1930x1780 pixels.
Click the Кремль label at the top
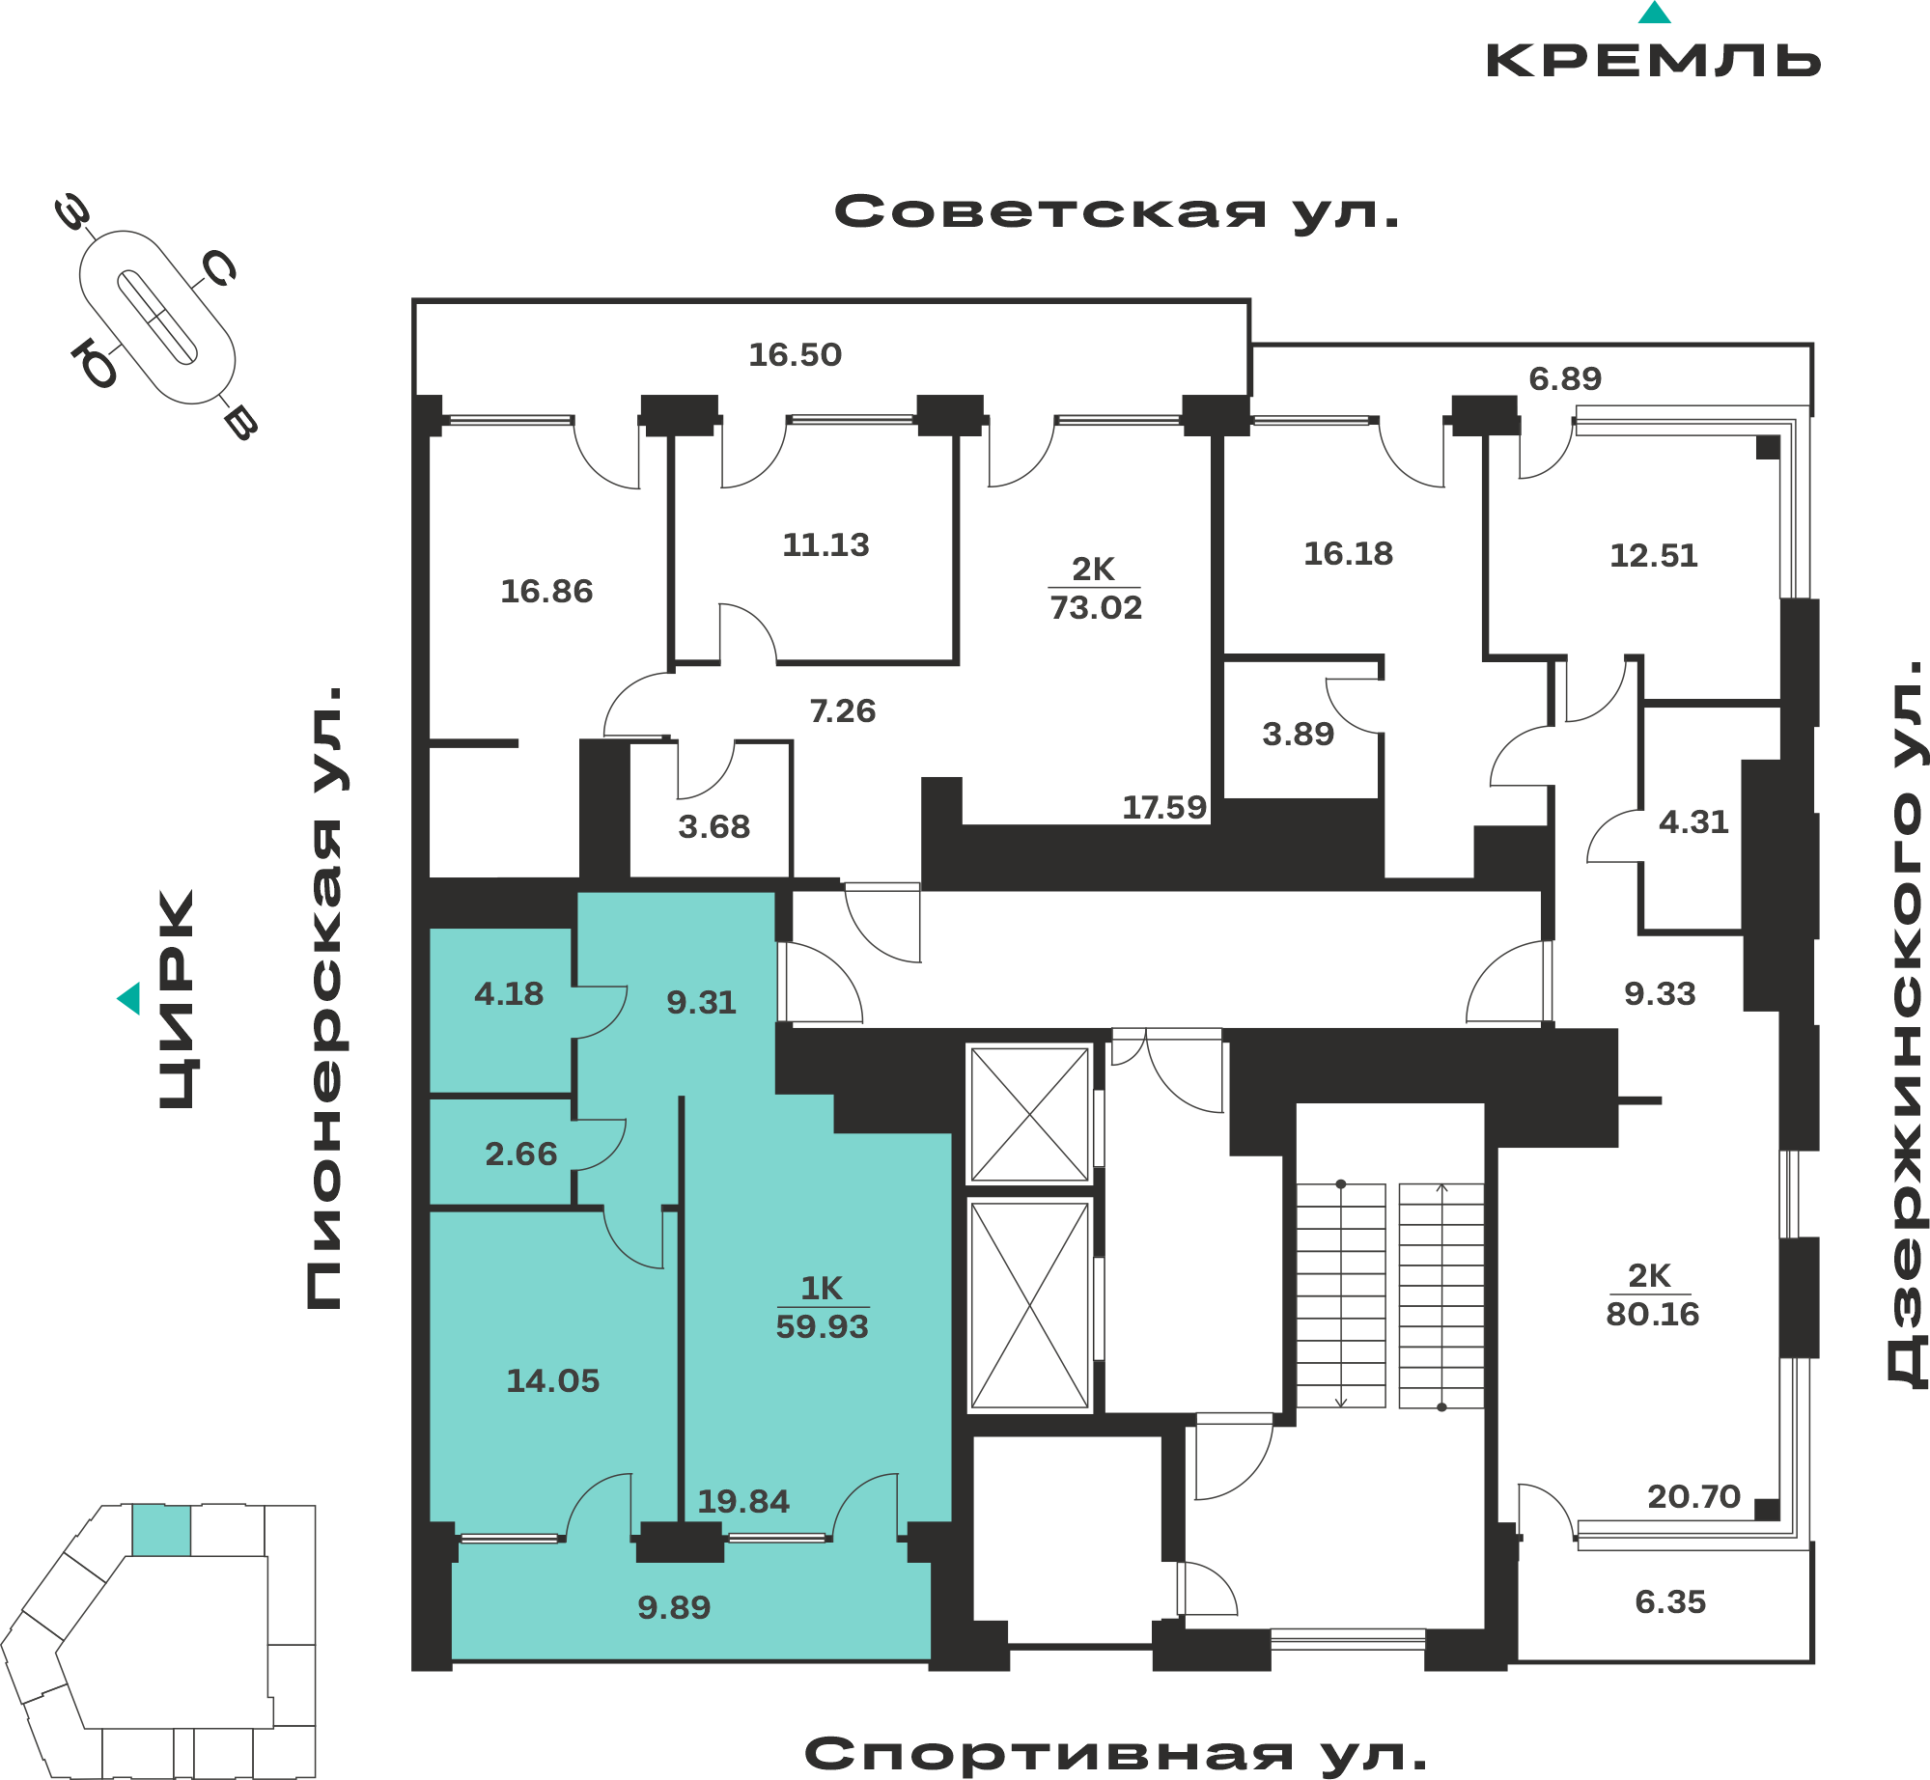click(x=1653, y=61)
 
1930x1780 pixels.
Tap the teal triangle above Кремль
click(x=1655, y=13)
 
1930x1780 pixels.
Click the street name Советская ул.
click(x=1117, y=211)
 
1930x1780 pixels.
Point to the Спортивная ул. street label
click(x=1116, y=1753)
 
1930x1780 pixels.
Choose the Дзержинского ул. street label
click(x=1906, y=1024)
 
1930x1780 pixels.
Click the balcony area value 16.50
click(x=796, y=355)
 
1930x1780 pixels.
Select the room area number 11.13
click(x=826, y=545)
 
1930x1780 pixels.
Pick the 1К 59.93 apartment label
click(x=823, y=1307)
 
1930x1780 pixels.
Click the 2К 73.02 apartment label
click(x=1095, y=589)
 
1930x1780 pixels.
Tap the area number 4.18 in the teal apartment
click(x=509, y=994)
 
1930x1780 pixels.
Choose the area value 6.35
click(x=1670, y=1602)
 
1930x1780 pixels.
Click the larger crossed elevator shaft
click(x=1030, y=1305)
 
